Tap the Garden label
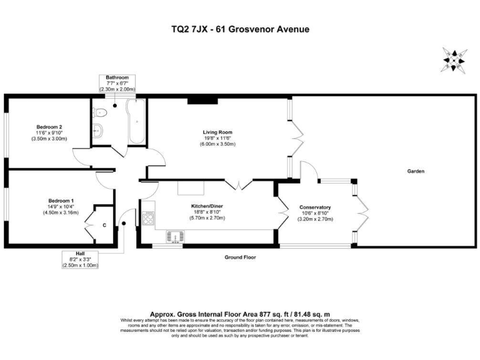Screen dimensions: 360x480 coord(416,171)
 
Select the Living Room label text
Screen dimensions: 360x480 coord(217,132)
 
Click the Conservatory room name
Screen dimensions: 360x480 coord(315,207)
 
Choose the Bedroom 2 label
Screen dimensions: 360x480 coord(48,126)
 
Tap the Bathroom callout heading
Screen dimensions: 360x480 coord(117,77)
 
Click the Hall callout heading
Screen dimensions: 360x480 coord(81,253)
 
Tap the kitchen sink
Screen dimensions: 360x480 coord(173,236)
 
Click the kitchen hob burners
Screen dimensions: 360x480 coord(149,219)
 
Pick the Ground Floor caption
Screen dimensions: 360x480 coord(240,257)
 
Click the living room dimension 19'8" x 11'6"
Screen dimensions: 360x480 coord(217,138)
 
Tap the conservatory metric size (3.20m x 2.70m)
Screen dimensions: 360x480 coord(315,219)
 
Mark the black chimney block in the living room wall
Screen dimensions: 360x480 coord(199,99)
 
